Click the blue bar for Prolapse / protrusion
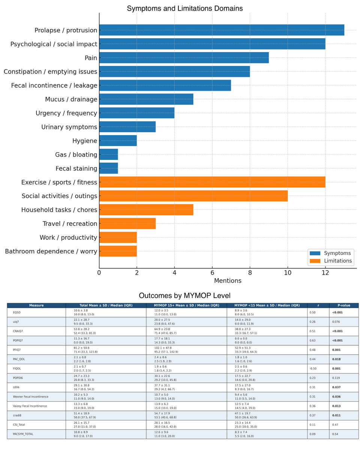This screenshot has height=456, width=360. (221, 30)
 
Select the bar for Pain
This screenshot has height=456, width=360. (184, 58)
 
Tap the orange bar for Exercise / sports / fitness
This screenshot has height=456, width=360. (212, 182)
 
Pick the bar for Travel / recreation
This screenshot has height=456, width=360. (127, 224)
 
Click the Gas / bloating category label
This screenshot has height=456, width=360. (76, 155)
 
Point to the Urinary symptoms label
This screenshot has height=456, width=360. (69, 127)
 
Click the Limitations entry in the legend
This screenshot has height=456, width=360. (338, 261)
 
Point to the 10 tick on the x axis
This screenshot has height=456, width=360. (288, 273)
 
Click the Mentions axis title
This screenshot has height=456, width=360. (228, 281)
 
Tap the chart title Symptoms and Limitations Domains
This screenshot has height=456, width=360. (184, 8)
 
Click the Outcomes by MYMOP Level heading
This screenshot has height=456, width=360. (184, 295)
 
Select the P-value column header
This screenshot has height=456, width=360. (343, 306)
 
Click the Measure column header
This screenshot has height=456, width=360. (36, 306)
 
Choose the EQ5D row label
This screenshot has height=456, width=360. (16, 312)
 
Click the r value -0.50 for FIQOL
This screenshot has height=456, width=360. (313, 369)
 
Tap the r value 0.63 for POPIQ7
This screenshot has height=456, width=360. (312, 340)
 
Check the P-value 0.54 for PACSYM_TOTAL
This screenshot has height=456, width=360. (335, 434)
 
